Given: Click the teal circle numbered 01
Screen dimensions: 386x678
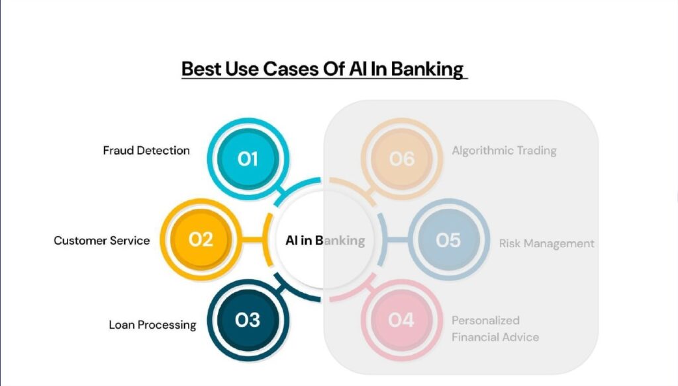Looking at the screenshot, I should pos(247,159).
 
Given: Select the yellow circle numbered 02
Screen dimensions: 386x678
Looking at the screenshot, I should pos(200,239).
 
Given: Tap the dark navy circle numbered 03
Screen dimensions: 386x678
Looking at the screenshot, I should pos(247,320).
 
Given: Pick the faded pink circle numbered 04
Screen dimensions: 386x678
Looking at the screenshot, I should pos(401,320).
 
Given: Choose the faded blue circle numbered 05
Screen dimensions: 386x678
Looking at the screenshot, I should pos(448,239).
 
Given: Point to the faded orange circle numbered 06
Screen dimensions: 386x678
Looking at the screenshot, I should pos(401,159).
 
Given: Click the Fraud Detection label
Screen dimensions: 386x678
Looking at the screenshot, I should pos(146,150).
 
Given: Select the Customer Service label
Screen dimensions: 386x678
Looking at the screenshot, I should pos(102,241).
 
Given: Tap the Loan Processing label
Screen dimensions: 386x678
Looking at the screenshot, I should pos(152,325).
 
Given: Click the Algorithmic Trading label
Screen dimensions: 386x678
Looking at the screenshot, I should pos(504,150).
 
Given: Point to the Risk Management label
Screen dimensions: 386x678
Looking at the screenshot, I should pos(546,243).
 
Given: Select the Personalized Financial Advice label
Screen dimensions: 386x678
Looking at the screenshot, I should pos(495,328).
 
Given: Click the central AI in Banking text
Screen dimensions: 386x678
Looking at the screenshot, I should pos(324,240).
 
